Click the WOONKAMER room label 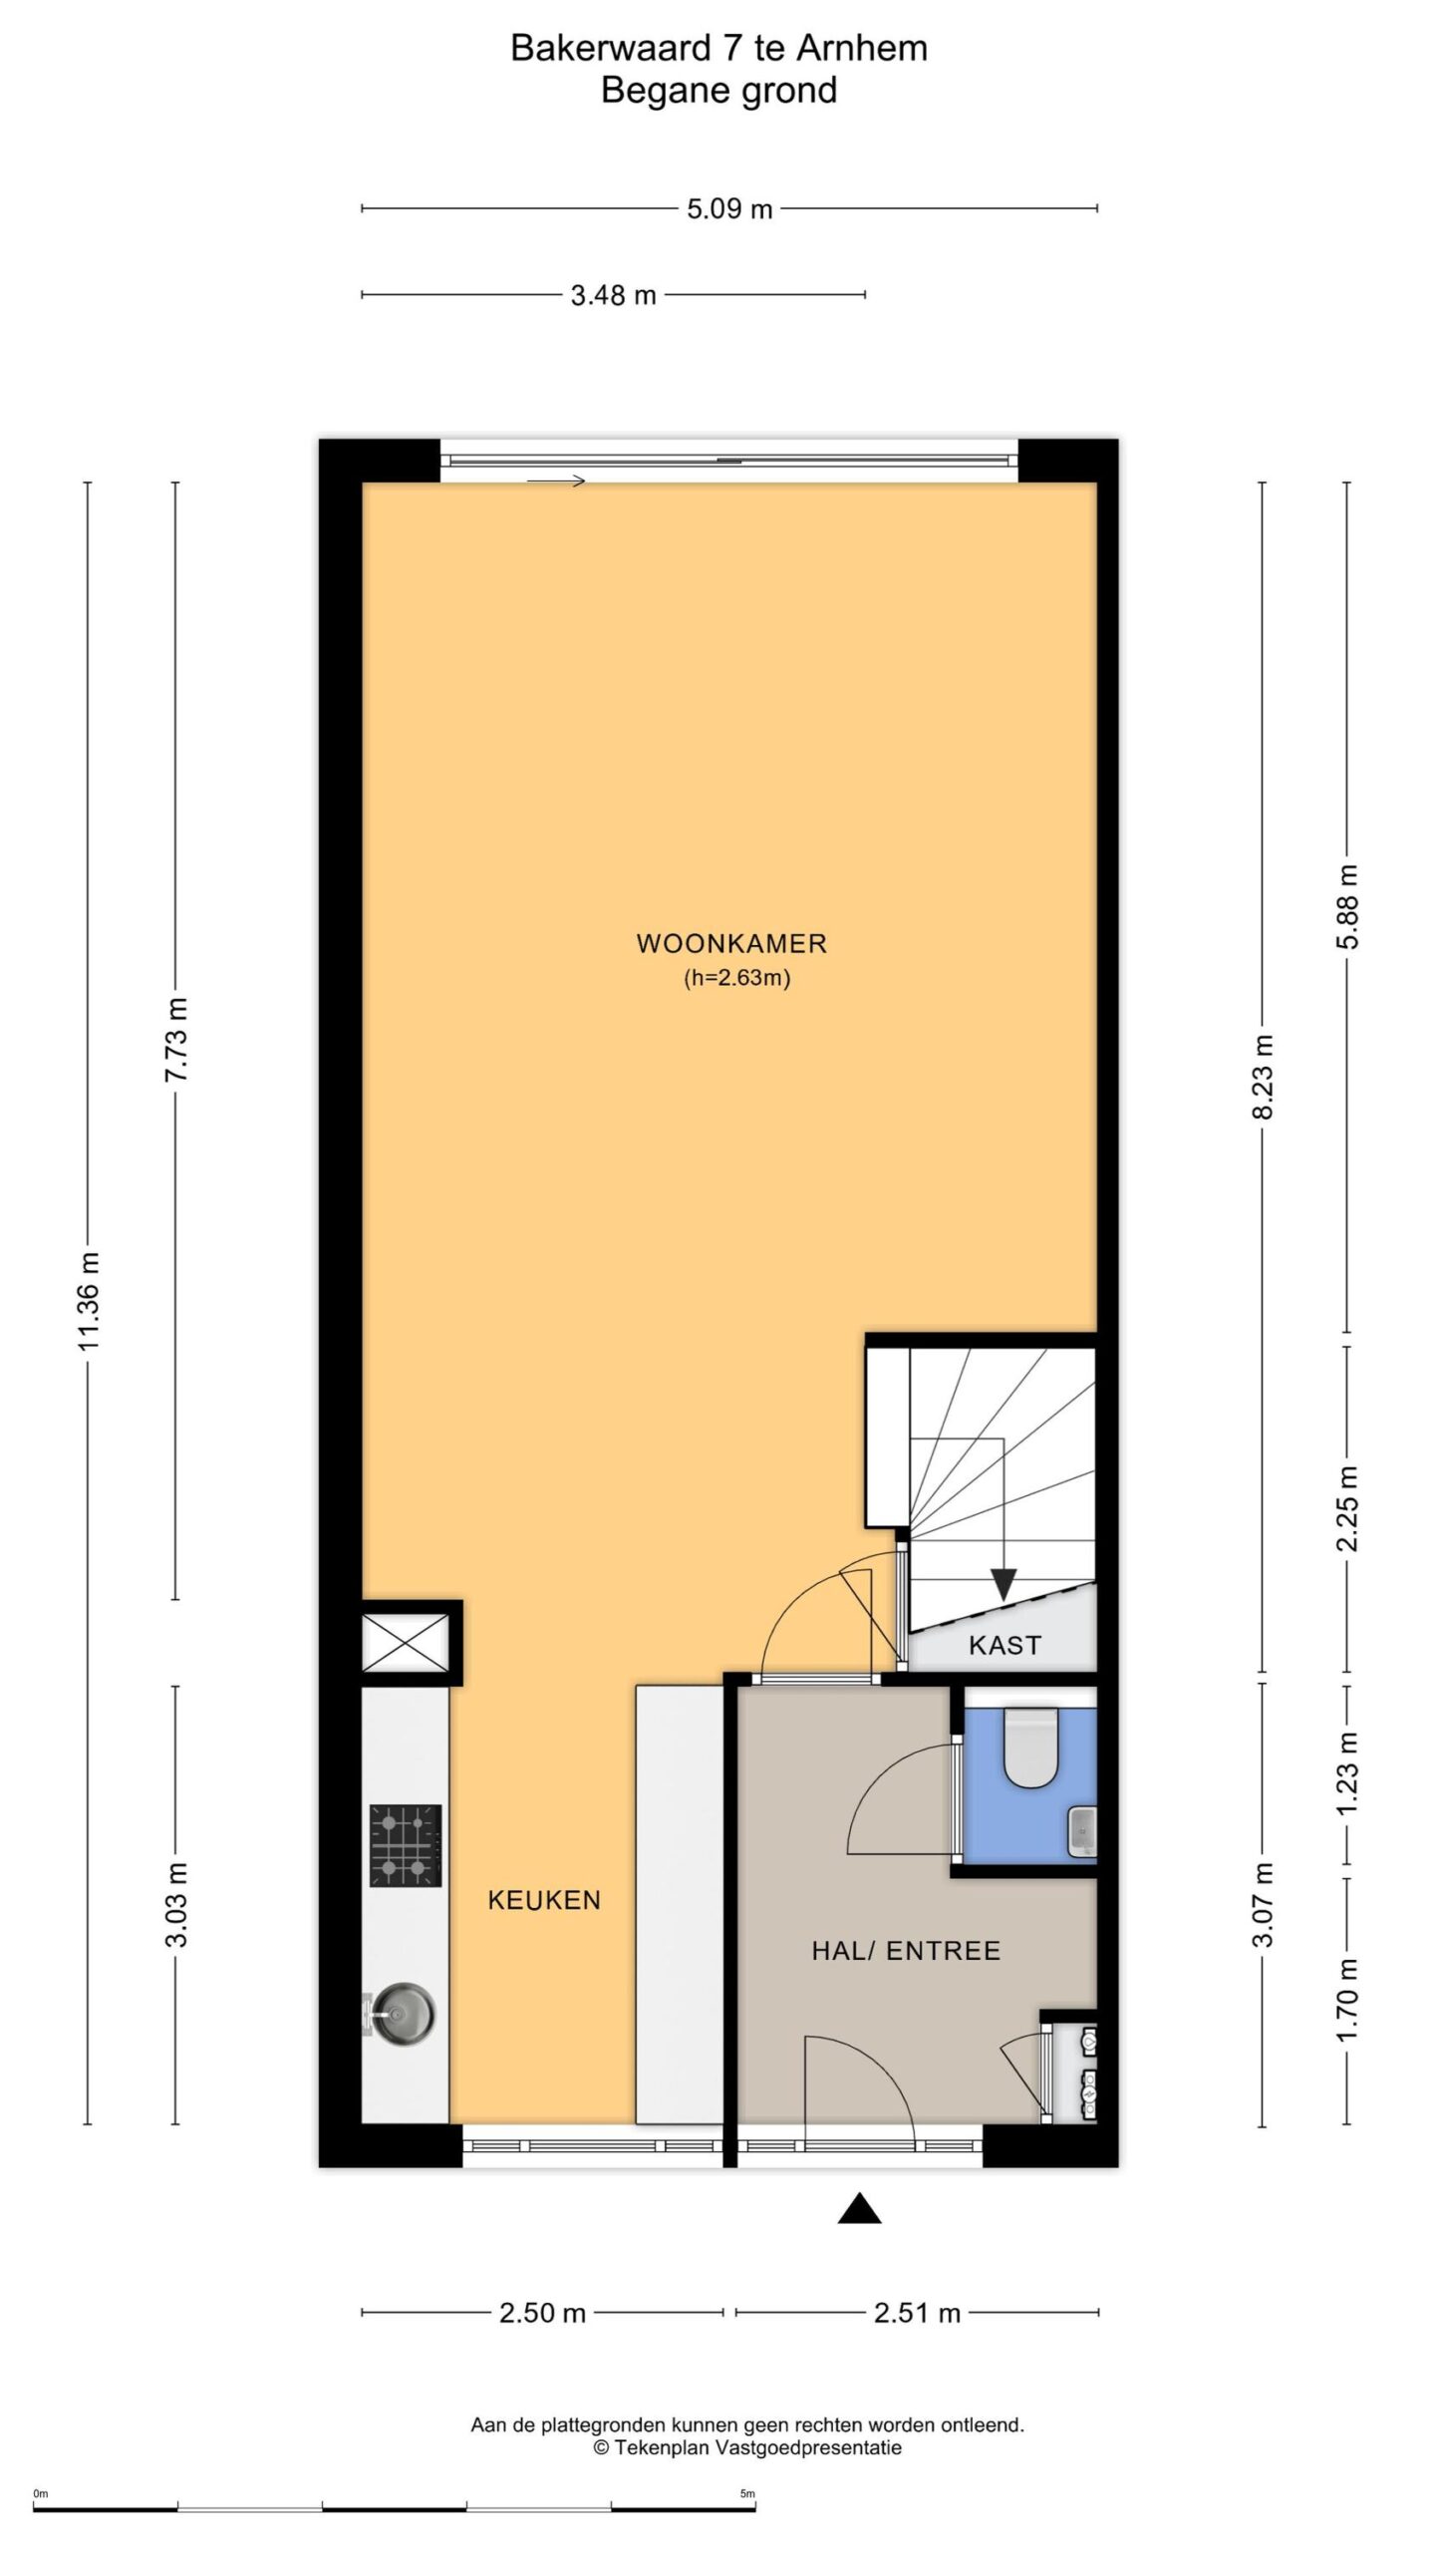click(x=731, y=943)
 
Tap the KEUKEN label click(x=544, y=1900)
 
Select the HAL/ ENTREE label click(x=906, y=1951)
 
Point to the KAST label click(x=1004, y=1645)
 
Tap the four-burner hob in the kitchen click(x=406, y=1845)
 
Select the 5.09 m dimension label click(x=729, y=209)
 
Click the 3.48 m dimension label click(x=613, y=295)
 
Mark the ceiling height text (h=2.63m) click(x=736, y=978)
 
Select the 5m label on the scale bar click(x=747, y=2466)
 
